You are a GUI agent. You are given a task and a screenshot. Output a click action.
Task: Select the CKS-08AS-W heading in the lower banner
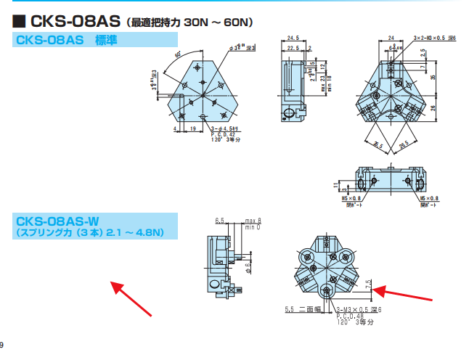click(x=57, y=220)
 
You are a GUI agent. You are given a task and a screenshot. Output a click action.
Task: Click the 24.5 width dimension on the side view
click(x=293, y=38)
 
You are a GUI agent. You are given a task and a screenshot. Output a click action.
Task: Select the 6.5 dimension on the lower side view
click(x=219, y=219)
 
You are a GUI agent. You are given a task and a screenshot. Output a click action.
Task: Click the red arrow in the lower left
click(x=131, y=298)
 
